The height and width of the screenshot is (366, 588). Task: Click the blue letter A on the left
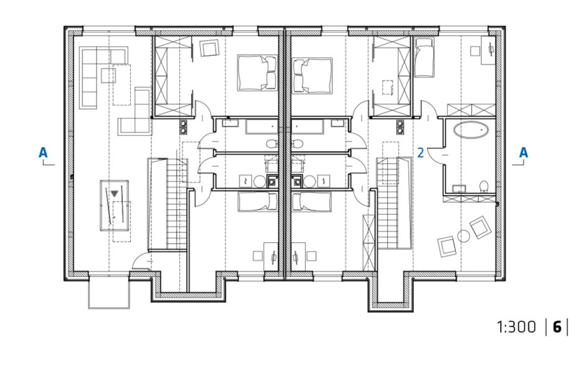pos(43,152)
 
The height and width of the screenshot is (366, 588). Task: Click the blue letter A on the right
pos(523,152)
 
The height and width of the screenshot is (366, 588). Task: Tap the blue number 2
pos(421,153)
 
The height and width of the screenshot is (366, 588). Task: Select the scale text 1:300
pos(517,327)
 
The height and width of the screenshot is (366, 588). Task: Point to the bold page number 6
pos(557,327)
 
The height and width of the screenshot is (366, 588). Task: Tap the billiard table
pos(114,206)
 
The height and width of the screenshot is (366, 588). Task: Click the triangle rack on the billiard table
pos(114,194)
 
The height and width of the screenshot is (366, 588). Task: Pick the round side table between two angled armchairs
pos(463,236)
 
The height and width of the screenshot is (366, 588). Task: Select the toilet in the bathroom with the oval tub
pos(484,186)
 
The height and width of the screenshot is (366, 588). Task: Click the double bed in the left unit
pos(257,73)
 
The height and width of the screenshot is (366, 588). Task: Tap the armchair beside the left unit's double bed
pos(209,48)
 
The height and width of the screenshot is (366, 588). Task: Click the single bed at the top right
pos(424,58)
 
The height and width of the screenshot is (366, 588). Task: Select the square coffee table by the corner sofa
pos(108,76)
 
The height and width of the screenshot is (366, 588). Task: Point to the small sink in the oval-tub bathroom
pos(458,188)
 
